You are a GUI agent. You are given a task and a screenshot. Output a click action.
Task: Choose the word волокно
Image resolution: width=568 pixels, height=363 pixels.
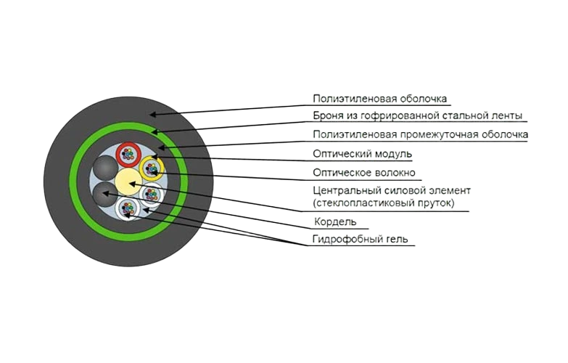point(394,173)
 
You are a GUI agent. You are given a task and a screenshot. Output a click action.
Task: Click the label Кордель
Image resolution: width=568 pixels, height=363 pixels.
point(335,221)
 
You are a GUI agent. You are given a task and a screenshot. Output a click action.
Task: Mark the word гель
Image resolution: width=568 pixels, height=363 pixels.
point(398,240)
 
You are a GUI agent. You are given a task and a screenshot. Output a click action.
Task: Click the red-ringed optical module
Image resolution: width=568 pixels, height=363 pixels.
point(128,154)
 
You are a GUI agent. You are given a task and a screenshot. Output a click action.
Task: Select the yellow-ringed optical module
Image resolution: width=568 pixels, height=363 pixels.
point(152,168)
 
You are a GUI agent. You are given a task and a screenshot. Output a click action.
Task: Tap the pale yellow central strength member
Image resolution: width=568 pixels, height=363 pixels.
point(128,181)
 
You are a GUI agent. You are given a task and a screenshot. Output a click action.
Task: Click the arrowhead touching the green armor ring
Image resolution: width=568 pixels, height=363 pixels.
point(155,131)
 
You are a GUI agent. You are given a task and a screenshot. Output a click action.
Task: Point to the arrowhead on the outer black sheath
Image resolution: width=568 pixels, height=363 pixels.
point(153,115)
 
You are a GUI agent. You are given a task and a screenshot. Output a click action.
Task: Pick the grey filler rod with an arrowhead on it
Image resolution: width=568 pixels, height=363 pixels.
point(105,194)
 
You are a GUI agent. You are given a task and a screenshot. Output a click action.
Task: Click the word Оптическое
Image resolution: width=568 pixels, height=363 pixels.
point(341,173)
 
